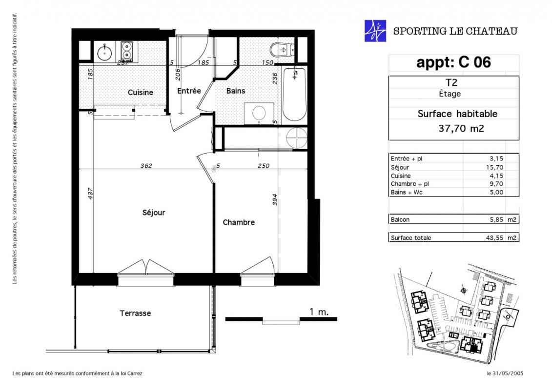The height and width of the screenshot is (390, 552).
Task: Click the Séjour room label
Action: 153,213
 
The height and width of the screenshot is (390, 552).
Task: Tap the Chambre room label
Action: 239,222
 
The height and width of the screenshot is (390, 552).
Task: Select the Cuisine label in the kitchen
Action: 140,93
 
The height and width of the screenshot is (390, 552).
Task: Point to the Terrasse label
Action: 135,313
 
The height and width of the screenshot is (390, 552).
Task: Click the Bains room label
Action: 236,91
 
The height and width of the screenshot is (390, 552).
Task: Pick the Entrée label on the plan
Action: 189,91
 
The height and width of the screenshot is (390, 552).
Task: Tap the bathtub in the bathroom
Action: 294,94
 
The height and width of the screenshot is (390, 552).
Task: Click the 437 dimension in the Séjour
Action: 90,194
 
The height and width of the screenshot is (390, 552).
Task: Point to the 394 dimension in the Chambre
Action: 275,199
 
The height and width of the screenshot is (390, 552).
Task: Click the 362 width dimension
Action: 146,166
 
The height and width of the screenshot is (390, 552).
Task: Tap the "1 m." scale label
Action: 319,312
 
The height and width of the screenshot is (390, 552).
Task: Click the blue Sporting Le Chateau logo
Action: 375,31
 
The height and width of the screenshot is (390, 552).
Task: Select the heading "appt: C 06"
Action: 453,62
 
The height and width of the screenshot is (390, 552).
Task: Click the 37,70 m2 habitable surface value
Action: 461,128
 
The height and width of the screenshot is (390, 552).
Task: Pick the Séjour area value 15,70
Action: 495,167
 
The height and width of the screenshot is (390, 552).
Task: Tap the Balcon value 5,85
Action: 496,219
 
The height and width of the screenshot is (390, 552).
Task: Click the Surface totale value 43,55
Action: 494,238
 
